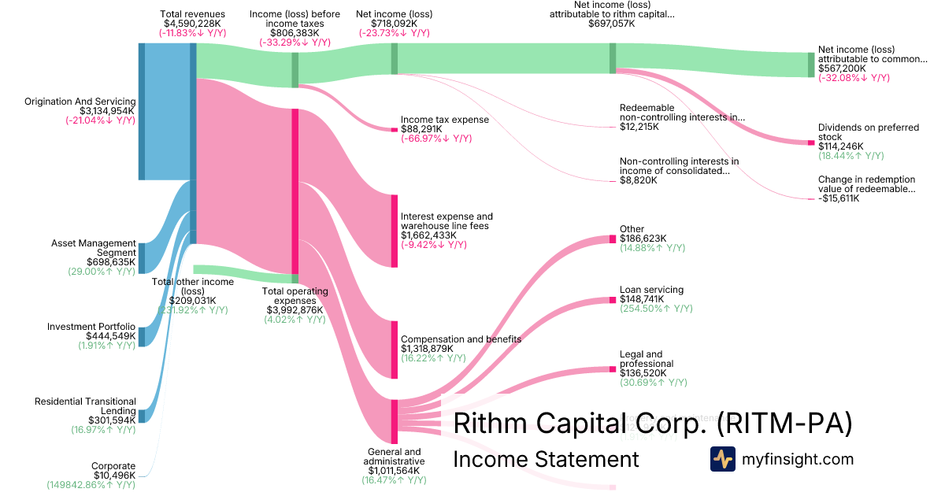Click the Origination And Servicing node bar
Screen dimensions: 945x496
[142, 111]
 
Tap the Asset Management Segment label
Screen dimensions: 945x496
[93, 249]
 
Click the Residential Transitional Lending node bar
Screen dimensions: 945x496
[142, 416]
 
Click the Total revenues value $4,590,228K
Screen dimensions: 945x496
[192, 24]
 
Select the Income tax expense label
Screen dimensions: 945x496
[445, 120]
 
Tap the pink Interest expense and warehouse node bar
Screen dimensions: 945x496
[395, 231]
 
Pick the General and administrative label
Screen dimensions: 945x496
[394, 457]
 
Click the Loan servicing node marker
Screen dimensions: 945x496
[612, 300]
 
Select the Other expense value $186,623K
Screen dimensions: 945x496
[643, 238]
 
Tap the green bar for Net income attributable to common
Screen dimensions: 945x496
[810, 65]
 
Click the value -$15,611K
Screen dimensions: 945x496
[839, 198]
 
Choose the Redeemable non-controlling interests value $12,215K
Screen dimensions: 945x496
[639, 127]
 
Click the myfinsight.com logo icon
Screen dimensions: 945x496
[722, 459]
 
